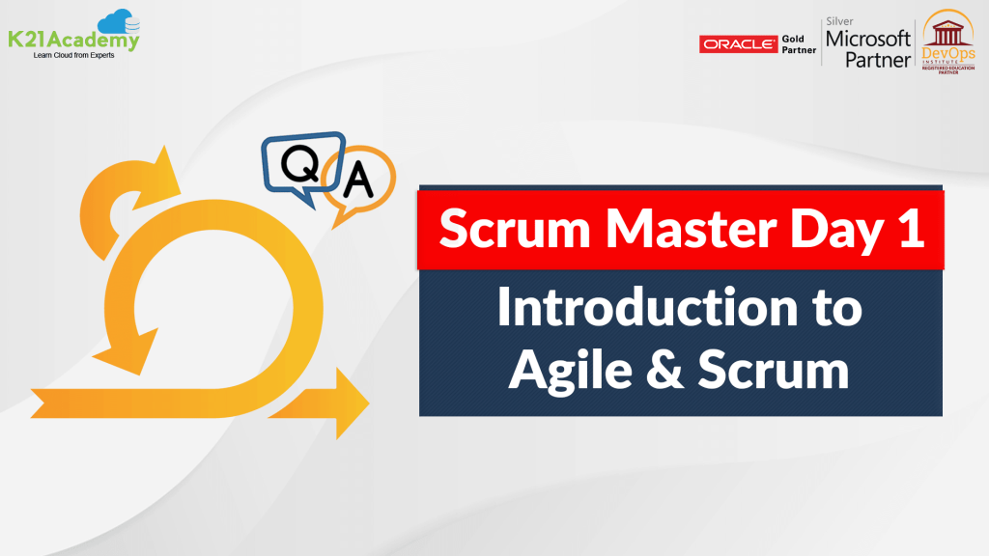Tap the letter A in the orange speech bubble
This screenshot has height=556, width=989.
[359, 179]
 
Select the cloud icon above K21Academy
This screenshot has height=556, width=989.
[119, 20]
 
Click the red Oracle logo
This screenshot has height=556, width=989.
[738, 44]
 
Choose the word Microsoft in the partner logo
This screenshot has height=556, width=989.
[867, 40]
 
